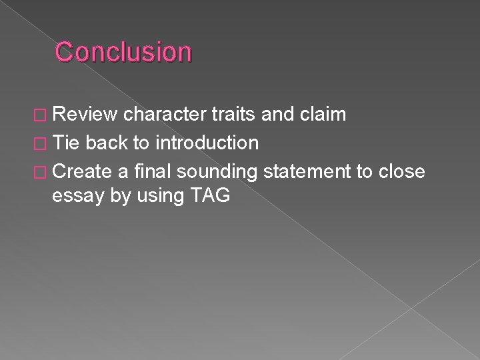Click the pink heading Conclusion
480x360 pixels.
tap(123, 51)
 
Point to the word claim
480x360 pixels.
tap(322, 115)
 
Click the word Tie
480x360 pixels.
tap(65, 142)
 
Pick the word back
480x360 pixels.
tap(106, 142)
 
